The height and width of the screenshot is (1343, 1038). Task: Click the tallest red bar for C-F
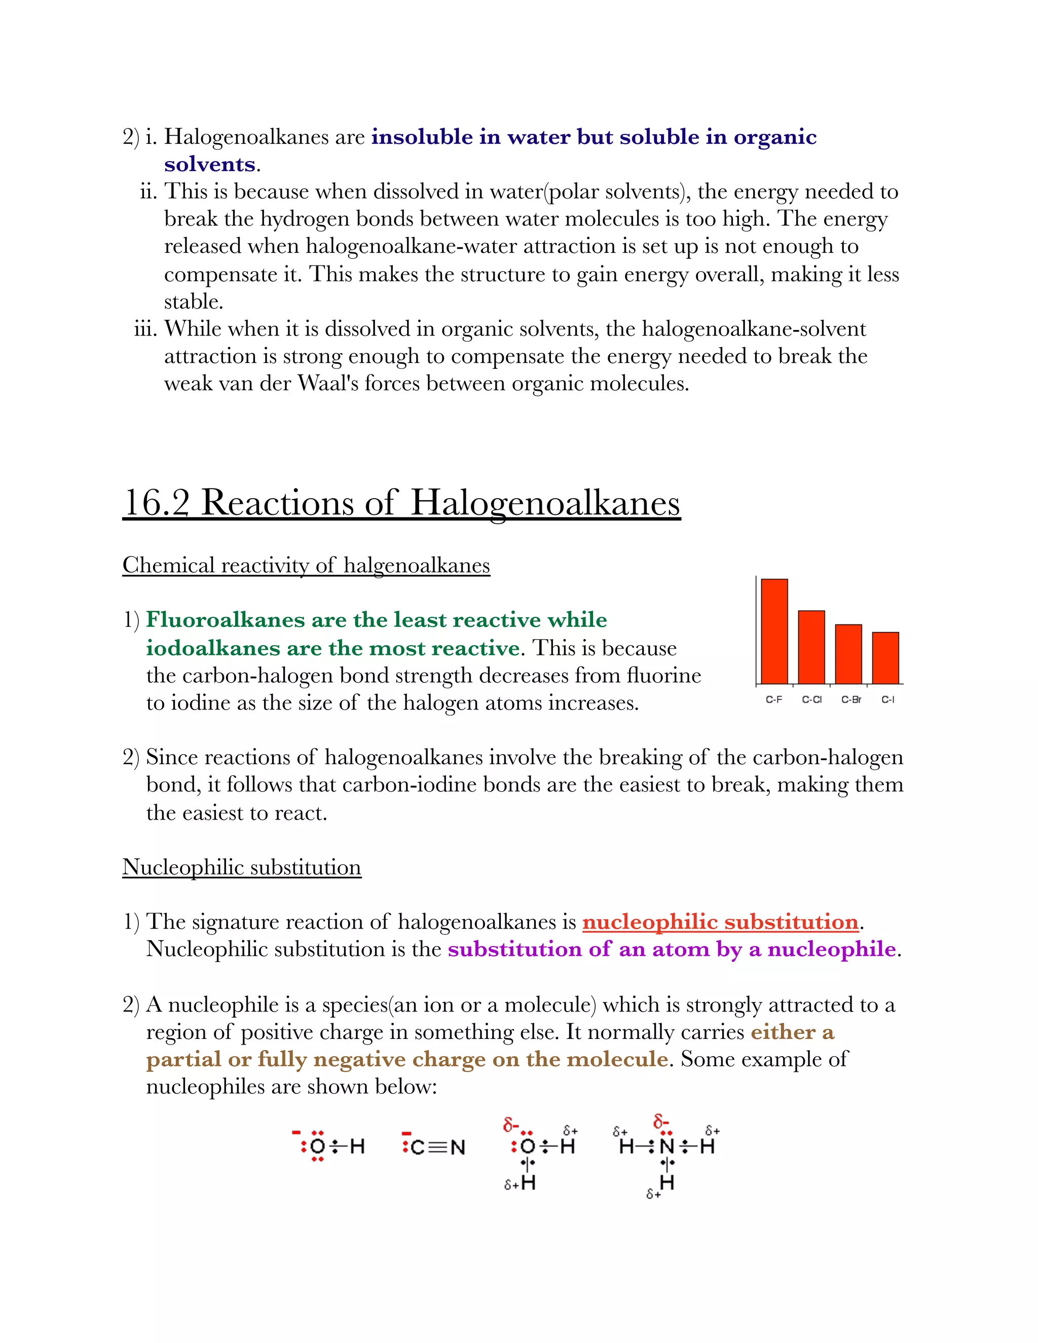tap(774, 631)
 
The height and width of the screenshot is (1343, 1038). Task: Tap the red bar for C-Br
tap(848, 654)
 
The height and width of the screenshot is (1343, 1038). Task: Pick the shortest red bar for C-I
tap(885, 657)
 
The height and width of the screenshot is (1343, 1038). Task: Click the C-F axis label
tap(773, 700)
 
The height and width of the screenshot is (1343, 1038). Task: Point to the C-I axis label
tap(887, 700)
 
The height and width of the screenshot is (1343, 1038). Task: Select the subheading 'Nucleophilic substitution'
tap(242, 867)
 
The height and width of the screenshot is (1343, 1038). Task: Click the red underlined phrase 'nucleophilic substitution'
tap(720, 922)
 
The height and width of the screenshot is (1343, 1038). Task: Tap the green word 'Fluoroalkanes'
tap(225, 620)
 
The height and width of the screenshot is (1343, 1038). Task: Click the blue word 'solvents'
tap(210, 165)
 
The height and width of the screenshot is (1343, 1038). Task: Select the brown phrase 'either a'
tap(792, 1032)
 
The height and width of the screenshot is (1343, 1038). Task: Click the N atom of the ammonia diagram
tap(666, 1146)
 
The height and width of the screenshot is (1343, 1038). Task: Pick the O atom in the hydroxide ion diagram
tap(317, 1146)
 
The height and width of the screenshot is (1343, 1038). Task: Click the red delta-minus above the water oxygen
tap(510, 1125)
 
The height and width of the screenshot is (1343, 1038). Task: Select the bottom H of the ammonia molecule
tap(666, 1182)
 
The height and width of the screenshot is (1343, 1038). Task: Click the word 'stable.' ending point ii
tap(193, 302)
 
